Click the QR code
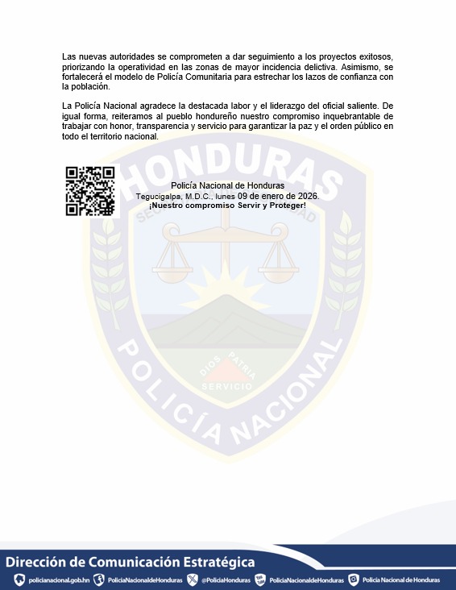coord(90,191)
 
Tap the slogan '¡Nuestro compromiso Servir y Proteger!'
coord(227,206)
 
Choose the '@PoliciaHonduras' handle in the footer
coord(226,580)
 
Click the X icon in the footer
coord(193,580)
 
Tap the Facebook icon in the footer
coord(99,580)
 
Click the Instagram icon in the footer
coord(353,580)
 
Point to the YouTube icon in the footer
coord(260,580)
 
